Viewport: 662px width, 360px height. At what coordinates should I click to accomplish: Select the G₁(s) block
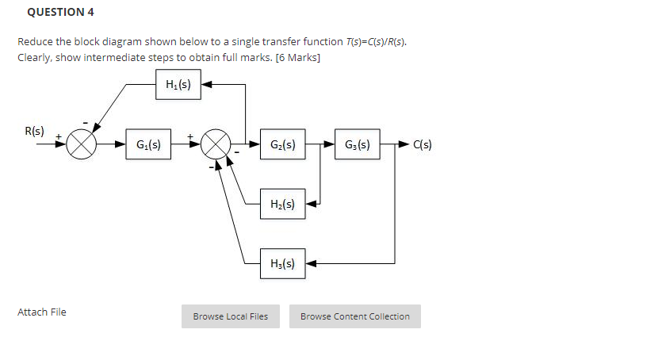point(148,144)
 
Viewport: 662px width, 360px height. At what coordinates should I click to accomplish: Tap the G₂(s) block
point(283,144)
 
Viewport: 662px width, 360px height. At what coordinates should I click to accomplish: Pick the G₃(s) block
point(357,144)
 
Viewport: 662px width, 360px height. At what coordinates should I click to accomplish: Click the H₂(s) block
point(283,204)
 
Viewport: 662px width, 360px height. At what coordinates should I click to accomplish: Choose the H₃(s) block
point(283,263)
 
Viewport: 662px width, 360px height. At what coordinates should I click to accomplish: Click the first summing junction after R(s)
point(82,145)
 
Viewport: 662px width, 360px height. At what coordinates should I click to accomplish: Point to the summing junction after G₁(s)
point(216,145)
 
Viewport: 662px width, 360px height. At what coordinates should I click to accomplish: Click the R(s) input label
point(35,130)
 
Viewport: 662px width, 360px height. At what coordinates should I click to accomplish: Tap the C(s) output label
point(422,145)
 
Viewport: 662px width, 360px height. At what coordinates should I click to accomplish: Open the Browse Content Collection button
point(354,316)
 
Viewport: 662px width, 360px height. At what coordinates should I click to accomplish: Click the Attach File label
point(42,312)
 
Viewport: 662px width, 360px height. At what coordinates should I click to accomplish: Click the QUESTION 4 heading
point(55,12)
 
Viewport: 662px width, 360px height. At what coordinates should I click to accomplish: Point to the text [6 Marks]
point(297,57)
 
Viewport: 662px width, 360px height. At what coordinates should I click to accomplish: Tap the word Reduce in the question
point(35,41)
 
